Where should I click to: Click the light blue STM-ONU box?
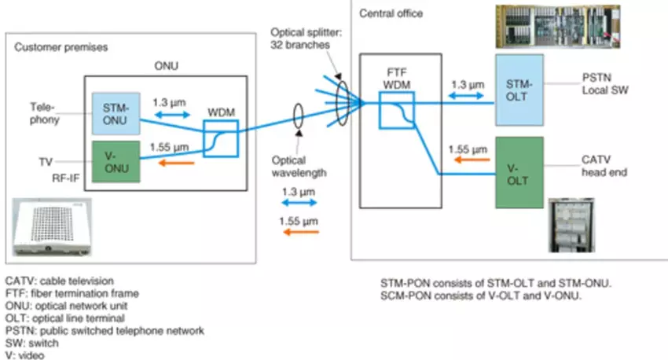click(x=116, y=112)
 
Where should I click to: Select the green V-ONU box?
click(x=116, y=160)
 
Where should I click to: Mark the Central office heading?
click(x=391, y=14)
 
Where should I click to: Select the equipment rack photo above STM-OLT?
click(x=570, y=26)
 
